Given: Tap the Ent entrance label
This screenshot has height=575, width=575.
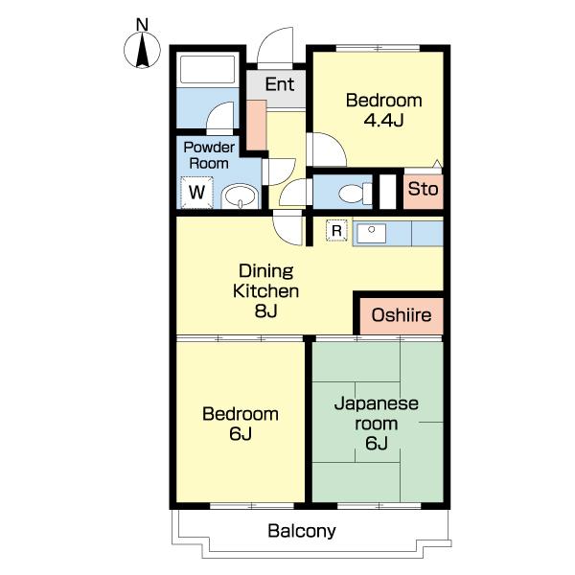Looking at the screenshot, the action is tap(280, 84).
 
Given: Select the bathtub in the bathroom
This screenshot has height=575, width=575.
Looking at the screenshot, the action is tap(208, 69).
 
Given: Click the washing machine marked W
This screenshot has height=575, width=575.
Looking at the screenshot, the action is tap(196, 193).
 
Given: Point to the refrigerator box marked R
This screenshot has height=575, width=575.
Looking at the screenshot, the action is tap(336, 230).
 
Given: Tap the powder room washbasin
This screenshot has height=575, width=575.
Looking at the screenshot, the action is tap(241, 196).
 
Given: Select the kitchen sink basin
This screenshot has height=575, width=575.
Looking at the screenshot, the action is tap(371, 233).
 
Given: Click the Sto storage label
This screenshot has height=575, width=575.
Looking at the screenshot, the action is tap(424, 189).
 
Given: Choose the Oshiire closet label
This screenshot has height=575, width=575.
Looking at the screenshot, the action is tap(402, 315).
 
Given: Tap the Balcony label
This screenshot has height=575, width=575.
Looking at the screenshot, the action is tap(302, 531).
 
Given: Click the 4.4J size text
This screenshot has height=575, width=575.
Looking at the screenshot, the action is tap(383, 120).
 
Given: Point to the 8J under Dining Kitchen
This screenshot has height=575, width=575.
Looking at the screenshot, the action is tap(265, 310).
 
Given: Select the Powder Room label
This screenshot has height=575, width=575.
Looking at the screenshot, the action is tap(209, 155).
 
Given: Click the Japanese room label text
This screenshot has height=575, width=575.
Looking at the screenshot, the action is tap(377, 413).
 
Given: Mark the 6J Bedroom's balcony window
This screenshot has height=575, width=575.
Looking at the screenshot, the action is tap(252, 506).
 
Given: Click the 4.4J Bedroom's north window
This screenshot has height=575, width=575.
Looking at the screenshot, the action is tap(378, 48).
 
